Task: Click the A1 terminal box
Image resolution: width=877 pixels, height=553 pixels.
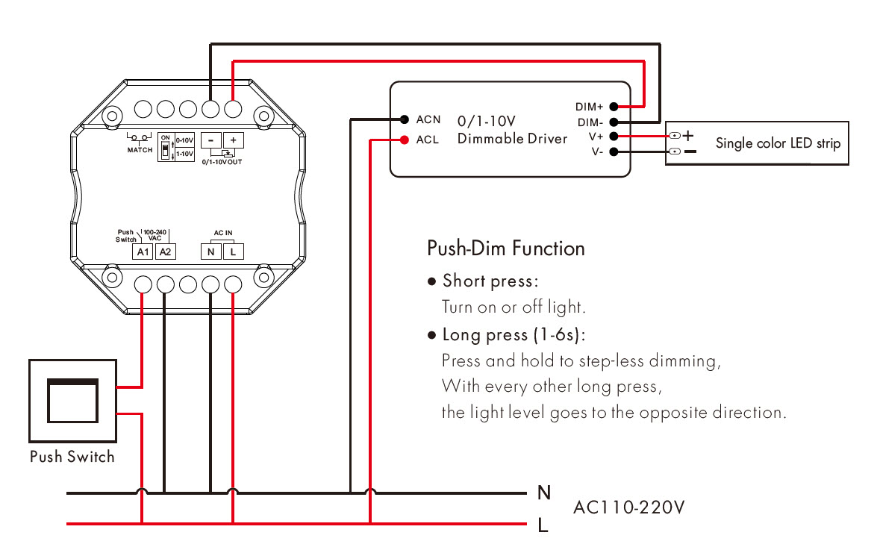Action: click(143, 251)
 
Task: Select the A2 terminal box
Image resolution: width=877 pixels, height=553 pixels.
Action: click(166, 251)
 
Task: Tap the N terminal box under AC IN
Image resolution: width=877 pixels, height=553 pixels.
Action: click(211, 251)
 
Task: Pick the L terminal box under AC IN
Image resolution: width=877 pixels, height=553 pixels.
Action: click(233, 251)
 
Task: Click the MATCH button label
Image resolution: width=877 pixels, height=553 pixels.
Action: click(140, 150)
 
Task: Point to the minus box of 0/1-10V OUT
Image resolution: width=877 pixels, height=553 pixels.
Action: click(211, 140)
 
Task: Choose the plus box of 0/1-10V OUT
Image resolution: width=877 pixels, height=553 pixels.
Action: click(233, 140)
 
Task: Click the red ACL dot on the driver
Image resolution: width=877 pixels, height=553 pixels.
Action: click(404, 139)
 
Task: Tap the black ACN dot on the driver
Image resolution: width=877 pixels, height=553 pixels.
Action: click(404, 119)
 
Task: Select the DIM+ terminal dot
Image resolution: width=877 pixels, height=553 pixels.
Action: click(614, 107)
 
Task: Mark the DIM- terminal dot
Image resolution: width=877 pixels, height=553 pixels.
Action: click(614, 122)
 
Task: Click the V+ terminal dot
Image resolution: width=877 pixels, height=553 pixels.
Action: click(614, 137)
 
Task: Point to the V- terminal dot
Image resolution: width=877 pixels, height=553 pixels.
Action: click(614, 152)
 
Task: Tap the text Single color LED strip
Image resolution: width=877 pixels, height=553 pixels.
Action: click(778, 143)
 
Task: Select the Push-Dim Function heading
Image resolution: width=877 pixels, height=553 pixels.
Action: click(505, 249)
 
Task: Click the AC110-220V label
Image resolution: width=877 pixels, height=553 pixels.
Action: click(628, 508)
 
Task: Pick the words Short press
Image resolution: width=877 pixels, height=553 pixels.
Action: click(490, 281)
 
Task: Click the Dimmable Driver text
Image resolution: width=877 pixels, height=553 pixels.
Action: click(512, 139)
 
